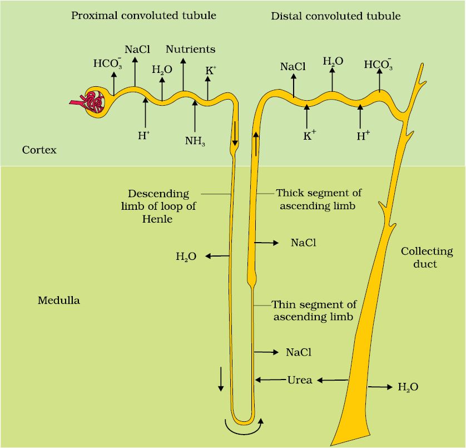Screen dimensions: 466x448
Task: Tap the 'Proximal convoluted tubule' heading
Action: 143,16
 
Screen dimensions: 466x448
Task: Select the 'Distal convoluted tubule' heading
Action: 336,16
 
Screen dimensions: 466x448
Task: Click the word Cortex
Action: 39,150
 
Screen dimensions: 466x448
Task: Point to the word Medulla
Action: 59,300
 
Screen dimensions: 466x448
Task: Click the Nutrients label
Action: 191,49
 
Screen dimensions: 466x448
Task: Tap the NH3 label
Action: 195,141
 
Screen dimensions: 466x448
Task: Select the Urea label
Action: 300,380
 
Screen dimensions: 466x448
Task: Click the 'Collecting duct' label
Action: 427,257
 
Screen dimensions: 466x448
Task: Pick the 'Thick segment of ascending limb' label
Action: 319,199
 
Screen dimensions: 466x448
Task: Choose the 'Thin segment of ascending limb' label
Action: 314,311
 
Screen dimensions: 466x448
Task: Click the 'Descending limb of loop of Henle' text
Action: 158,206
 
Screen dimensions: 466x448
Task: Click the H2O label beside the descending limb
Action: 186,257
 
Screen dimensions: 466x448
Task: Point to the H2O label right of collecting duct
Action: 408,387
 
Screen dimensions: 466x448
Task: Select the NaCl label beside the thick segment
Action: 304,243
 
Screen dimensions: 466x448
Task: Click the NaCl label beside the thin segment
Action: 299,352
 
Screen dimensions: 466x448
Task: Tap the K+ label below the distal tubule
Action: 310,135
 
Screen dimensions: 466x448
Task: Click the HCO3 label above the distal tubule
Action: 378,64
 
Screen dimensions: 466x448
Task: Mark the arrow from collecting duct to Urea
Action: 333,380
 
